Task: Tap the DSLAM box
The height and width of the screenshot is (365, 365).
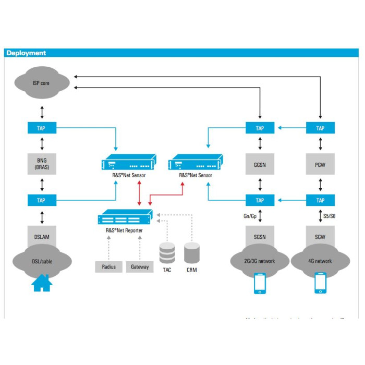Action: coord(42,237)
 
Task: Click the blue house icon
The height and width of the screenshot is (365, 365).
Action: coord(42,283)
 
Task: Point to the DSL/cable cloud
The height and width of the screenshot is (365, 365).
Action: coord(42,261)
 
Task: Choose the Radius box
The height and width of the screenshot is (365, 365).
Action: coord(109,267)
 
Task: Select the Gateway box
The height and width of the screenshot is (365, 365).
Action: coord(140,267)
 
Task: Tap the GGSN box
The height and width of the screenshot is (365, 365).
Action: coord(260,164)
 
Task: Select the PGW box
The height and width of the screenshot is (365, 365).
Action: coord(320,164)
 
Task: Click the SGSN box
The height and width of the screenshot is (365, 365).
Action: coord(260,237)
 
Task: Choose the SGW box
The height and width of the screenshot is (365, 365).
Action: coord(320,237)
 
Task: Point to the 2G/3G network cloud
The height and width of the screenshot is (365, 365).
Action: coord(260,261)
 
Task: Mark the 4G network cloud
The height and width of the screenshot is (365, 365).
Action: coord(320,261)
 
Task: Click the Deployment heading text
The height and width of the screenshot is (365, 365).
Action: coord(26,53)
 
